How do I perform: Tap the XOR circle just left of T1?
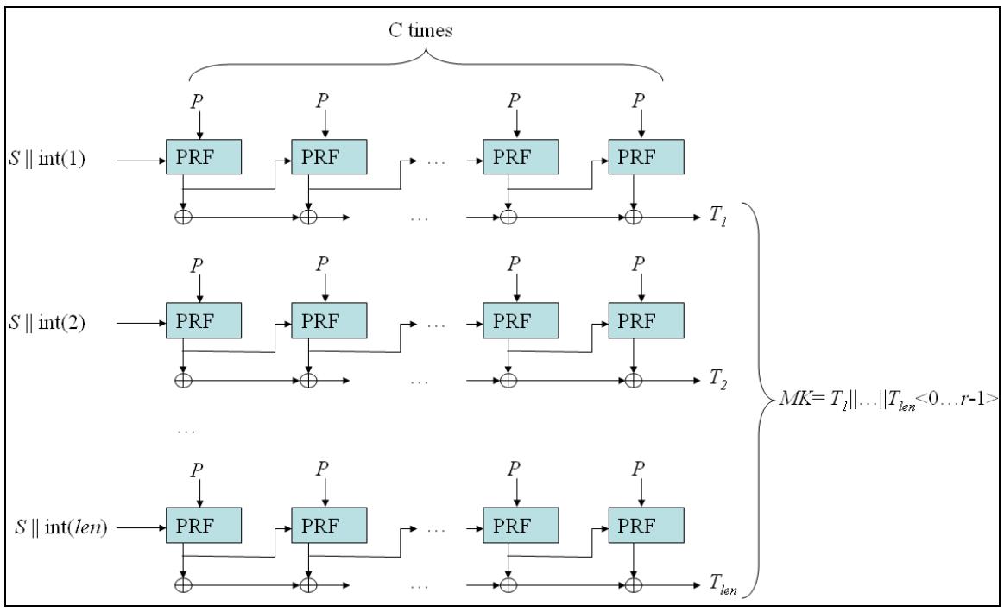point(635,217)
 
